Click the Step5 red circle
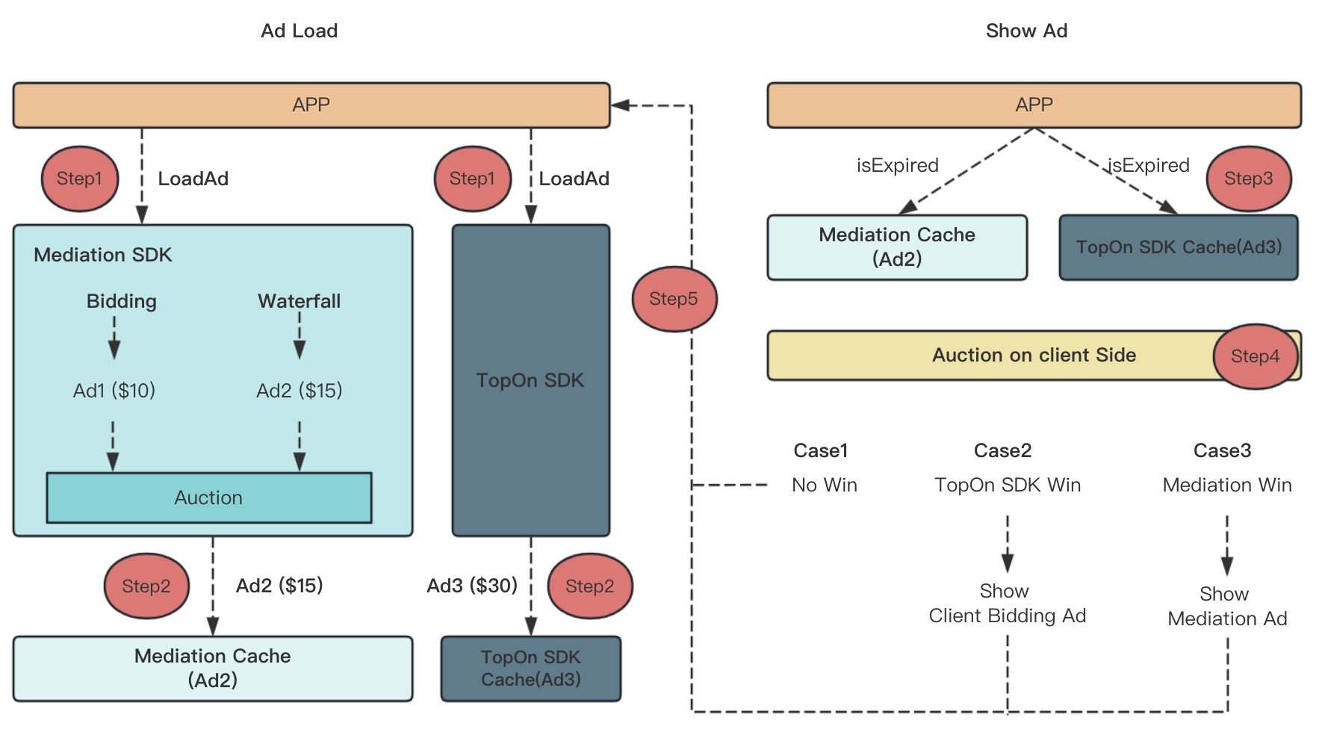(x=674, y=299)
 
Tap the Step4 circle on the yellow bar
(x=1255, y=356)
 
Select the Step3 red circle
(x=1248, y=179)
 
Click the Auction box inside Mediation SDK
(x=208, y=497)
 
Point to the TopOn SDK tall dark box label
(x=530, y=380)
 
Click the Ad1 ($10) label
(x=114, y=391)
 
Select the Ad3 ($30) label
(x=472, y=586)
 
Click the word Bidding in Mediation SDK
(x=122, y=301)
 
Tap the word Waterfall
(x=299, y=301)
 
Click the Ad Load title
(x=299, y=31)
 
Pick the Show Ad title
(x=1026, y=31)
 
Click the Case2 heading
(x=1002, y=450)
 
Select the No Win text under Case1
(x=824, y=486)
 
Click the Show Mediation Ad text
(x=1226, y=607)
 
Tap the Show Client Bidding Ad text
(x=1007, y=604)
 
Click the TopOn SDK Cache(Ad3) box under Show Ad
(x=1178, y=247)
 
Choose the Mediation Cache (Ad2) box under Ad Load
(x=212, y=668)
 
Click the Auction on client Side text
(x=1034, y=355)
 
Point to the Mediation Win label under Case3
(x=1226, y=486)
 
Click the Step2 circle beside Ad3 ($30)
(x=590, y=586)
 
